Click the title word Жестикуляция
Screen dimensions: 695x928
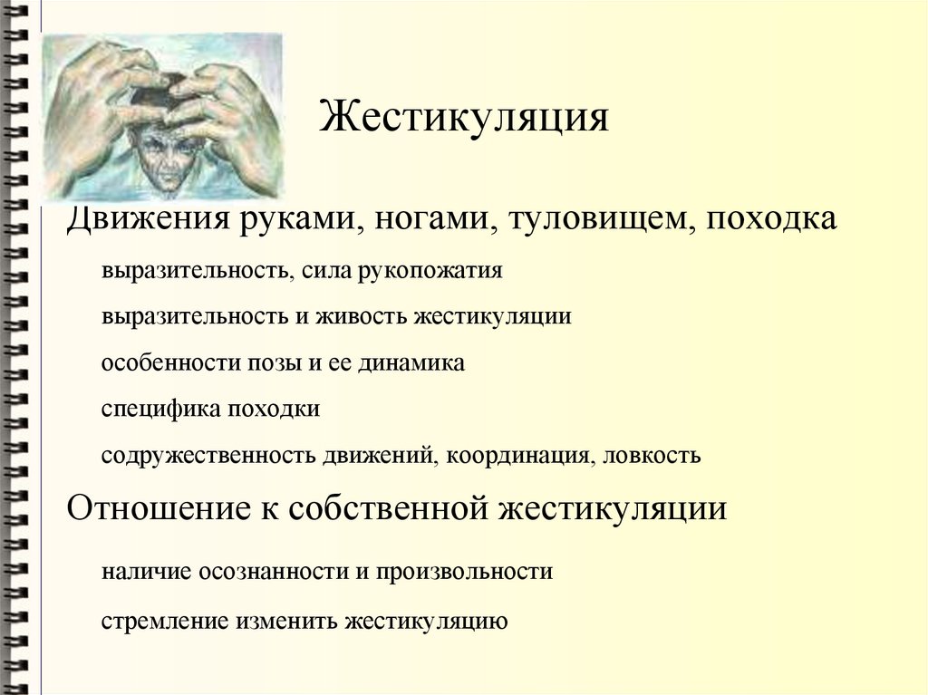463,117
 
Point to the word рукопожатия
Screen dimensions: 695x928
431,270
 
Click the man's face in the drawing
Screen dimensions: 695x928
163,154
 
